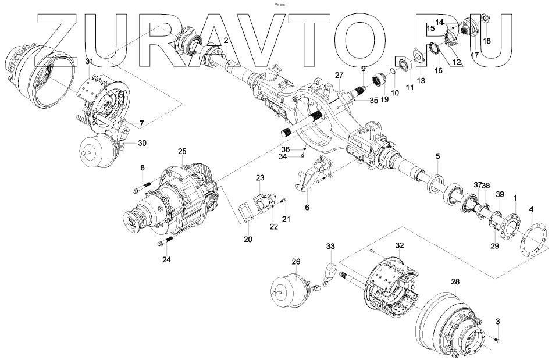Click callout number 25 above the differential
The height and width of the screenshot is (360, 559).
coord(182,151)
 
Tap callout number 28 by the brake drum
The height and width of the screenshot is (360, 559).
coord(455,281)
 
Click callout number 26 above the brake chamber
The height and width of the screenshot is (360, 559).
coord(296,262)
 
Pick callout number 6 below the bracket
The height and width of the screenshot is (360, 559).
coord(307,206)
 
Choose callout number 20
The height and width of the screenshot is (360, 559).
coord(248,240)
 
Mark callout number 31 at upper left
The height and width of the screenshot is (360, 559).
coord(88,61)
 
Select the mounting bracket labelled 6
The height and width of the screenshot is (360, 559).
coord(311,174)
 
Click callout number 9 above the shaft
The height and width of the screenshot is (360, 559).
coord(363,69)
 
